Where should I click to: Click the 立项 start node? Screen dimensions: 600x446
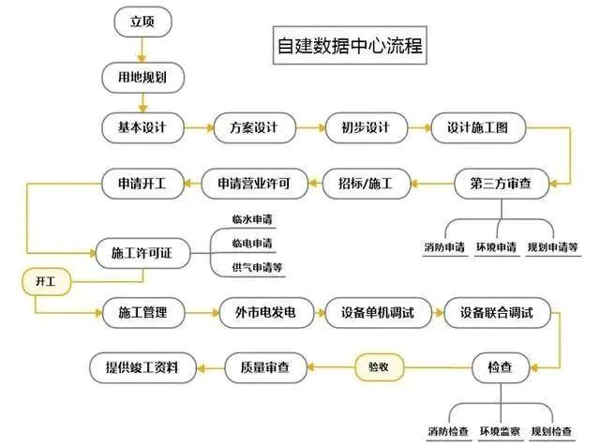(142, 22)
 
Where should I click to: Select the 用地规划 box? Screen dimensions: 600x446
(142, 78)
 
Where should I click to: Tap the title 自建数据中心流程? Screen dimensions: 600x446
(350, 45)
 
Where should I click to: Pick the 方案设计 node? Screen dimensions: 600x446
(254, 127)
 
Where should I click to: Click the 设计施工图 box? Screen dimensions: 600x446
(478, 127)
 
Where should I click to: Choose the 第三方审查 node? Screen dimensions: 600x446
(502, 184)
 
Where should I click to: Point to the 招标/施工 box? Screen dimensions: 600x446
(367, 184)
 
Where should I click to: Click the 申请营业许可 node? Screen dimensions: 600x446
(254, 184)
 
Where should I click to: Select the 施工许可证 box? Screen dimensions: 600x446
(142, 253)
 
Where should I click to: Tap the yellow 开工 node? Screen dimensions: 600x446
(46, 282)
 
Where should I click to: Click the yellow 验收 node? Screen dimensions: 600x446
(379, 367)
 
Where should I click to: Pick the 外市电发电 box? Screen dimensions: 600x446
(266, 313)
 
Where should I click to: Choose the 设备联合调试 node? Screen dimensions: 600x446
(497, 313)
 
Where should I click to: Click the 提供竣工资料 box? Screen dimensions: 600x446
(142, 367)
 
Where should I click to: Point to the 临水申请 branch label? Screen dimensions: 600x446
(252, 219)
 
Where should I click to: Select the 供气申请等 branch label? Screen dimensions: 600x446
(257, 267)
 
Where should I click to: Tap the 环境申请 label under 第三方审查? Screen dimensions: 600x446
(496, 247)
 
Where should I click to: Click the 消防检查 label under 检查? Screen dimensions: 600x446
(448, 431)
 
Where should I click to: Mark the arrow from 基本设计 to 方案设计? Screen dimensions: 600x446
(199, 127)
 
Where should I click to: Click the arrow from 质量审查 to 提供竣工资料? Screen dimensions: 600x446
(211, 368)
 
